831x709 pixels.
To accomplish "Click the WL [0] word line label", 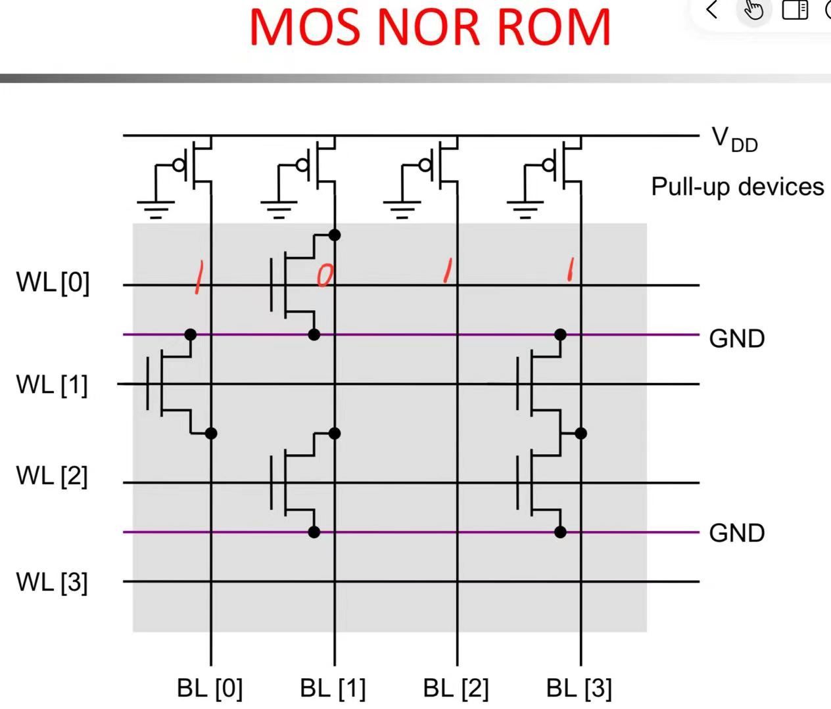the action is [x=53, y=283].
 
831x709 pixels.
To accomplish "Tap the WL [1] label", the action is [x=52, y=385].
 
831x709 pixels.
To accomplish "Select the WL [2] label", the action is [x=52, y=476].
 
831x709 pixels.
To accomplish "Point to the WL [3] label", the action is [x=52, y=582].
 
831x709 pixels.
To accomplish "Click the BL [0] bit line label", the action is [x=210, y=688].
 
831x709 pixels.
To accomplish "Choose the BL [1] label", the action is [x=333, y=688].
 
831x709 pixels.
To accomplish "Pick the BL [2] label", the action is [x=456, y=688].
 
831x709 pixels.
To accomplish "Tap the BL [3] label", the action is [x=579, y=688].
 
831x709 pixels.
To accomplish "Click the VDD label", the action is [x=734, y=139].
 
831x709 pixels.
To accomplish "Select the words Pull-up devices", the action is [x=738, y=187].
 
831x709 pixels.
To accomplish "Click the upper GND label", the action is [x=737, y=338].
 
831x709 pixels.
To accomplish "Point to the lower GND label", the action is [x=737, y=533].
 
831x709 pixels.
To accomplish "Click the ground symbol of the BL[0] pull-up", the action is [x=156, y=209].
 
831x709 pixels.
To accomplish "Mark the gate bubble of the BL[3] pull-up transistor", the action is [x=548, y=165].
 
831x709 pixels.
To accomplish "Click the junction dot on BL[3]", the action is [x=581, y=433].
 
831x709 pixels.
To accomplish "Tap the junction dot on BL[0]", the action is [x=211, y=433].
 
